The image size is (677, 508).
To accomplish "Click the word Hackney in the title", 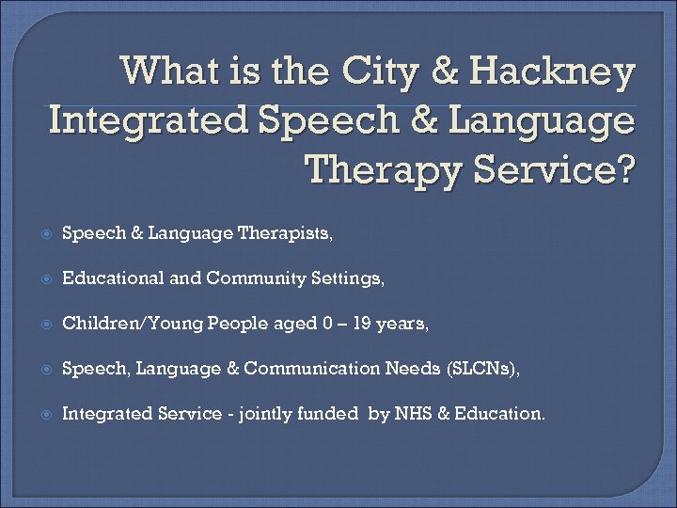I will tap(552, 71).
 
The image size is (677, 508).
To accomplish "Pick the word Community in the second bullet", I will tap(247, 278).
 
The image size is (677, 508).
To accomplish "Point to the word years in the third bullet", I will tap(401, 324).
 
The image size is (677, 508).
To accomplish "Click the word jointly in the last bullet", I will tap(270, 413).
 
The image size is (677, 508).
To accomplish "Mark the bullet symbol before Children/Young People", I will tap(44, 325).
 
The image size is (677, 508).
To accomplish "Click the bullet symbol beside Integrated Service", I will tap(44, 414).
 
